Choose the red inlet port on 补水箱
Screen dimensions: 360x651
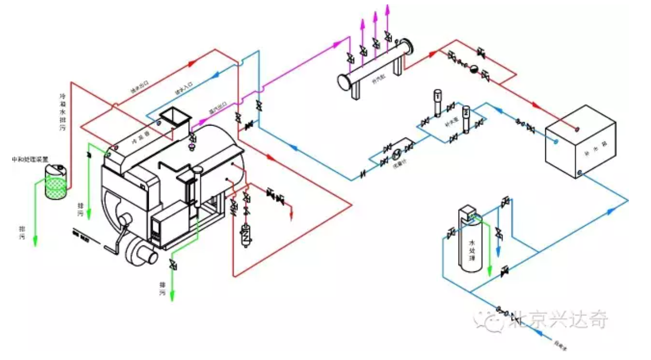click(577, 129)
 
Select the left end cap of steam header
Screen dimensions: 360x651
click(345, 82)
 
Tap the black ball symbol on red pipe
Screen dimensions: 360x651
click(473, 69)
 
